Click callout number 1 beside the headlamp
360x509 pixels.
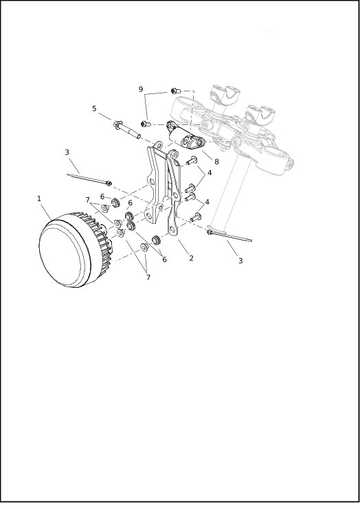tap(39, 199)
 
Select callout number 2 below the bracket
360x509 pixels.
tap(191, 258)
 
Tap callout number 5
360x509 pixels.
tap(94, 109)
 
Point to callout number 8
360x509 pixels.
tap(216, 161)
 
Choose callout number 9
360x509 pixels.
tap(141, 89)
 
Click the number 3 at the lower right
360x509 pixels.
tap(240, 260)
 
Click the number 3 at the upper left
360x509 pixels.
tap(67, 152)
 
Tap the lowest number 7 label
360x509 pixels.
tap(148, 278)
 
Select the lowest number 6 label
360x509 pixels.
tap(164, 260)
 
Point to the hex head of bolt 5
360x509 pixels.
tap(117, 124)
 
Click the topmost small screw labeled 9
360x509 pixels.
tap(176, 91)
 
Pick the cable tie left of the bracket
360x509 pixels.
tap(89, 179)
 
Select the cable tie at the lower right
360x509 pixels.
tap(229, 236)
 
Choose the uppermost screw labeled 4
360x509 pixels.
tap(192, 160)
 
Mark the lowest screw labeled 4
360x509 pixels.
tap(196, 217)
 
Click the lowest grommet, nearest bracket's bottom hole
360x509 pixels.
tap(157, 240)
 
